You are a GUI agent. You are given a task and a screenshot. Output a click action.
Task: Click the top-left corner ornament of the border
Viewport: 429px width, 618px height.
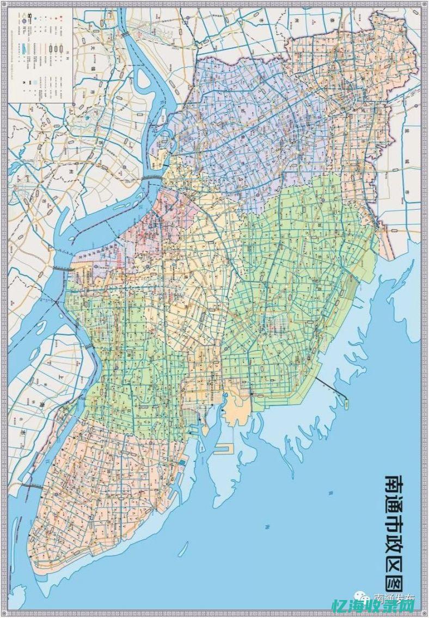[4, 4]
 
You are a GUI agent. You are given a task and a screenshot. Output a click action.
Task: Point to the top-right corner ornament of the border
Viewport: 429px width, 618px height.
[425, 4]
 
